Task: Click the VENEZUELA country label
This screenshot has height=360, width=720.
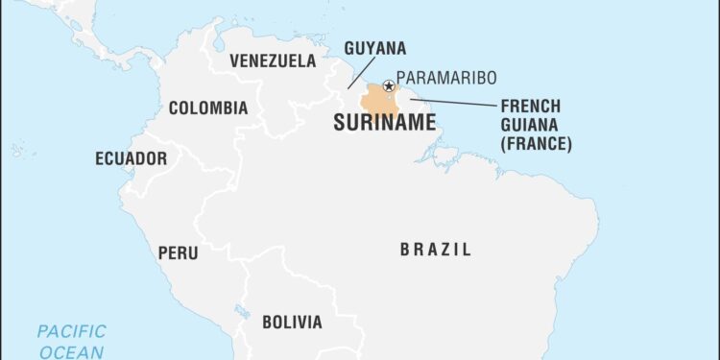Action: click(x=273, y=61)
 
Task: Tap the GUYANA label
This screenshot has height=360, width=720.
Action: click(x=374, y=48)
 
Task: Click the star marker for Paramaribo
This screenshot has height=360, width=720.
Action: click(x=389, y=86)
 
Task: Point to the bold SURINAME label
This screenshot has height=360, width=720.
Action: click(x=384, y=122)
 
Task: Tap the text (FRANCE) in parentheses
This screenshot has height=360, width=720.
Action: click(x=536, y=144)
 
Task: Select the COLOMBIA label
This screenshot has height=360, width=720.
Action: click(x=208, y=108)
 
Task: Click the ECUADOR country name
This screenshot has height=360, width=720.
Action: click(x=131, y=158)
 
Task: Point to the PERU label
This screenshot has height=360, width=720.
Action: click(x=179, y=253)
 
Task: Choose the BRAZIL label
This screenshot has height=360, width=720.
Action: click(x=435, y=250)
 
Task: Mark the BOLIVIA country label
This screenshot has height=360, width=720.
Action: click(x=292, y=322)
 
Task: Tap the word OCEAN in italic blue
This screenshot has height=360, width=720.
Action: click(x=72, y=352)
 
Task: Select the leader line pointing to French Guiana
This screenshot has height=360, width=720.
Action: click(x=451, y=102)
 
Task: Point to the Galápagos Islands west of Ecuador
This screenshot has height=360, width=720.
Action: click(x=16, y=151)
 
